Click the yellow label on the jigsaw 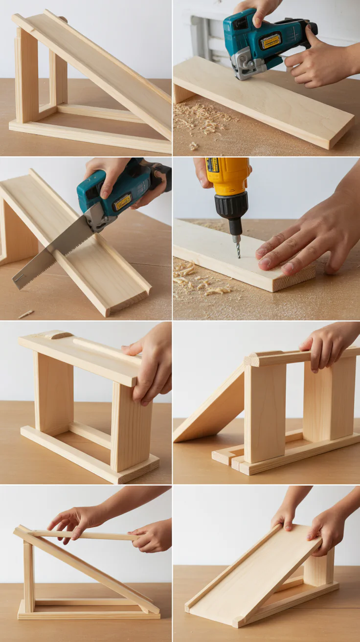[x=270, y=42]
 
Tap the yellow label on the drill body [x=213, y=165]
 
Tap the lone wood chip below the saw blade [x=25, y=314]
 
